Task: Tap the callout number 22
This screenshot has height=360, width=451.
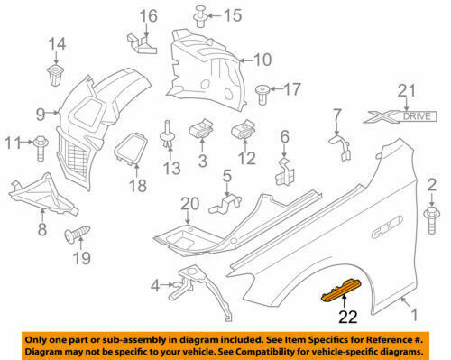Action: coord(347,316)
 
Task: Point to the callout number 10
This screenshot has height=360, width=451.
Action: coord(262,60)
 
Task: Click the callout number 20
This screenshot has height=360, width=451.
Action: coord(187,204)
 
